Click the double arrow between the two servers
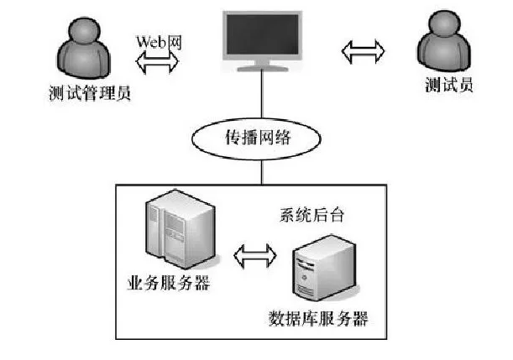(x=254, y=253)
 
